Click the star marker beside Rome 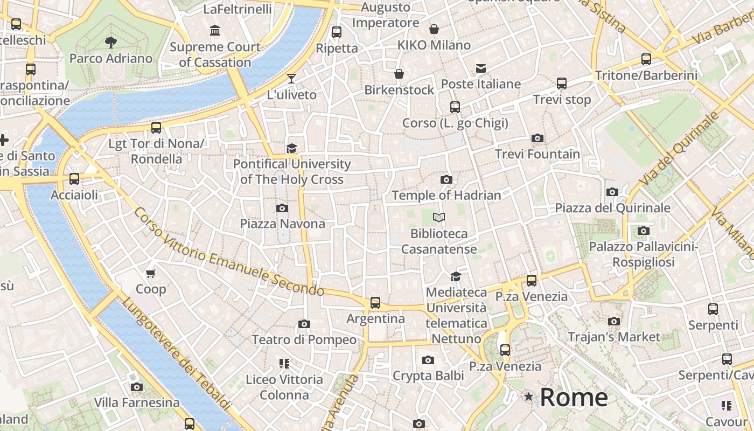[x=529, y=397]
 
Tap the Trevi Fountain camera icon [x=537, y=138]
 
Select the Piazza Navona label [x=282, y=224]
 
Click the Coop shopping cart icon [x=151, y=274]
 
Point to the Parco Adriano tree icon [x=111, y=42]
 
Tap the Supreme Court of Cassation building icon [x=215, y=31]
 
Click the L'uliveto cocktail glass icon [x=291, y=79]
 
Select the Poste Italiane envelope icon [x=480, y=68]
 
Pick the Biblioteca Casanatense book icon [x=439, y=218]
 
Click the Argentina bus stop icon [x=375, y=303]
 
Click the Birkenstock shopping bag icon [x=399, y=74]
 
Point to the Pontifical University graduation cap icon [x=291, y=148]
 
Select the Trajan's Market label [x=614, y=337]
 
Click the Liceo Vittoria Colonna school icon [x=284, y=364]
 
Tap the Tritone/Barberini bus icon [x=646, y=59]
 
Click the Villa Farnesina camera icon [x=137, y=387]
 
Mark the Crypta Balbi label [x=428, y=376]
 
